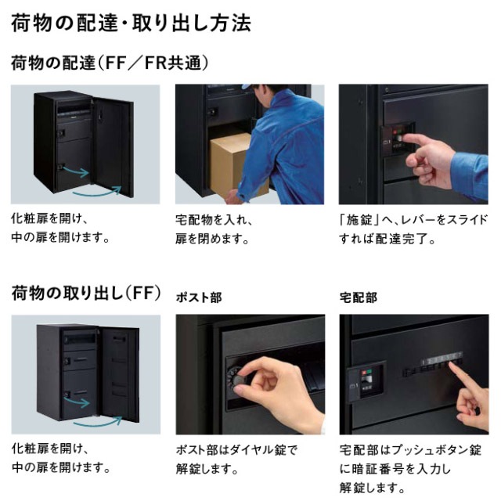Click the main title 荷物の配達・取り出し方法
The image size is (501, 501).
131,23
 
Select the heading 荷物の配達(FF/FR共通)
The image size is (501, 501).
110,63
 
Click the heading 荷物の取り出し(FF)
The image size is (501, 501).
86,294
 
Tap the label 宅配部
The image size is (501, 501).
359,297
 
